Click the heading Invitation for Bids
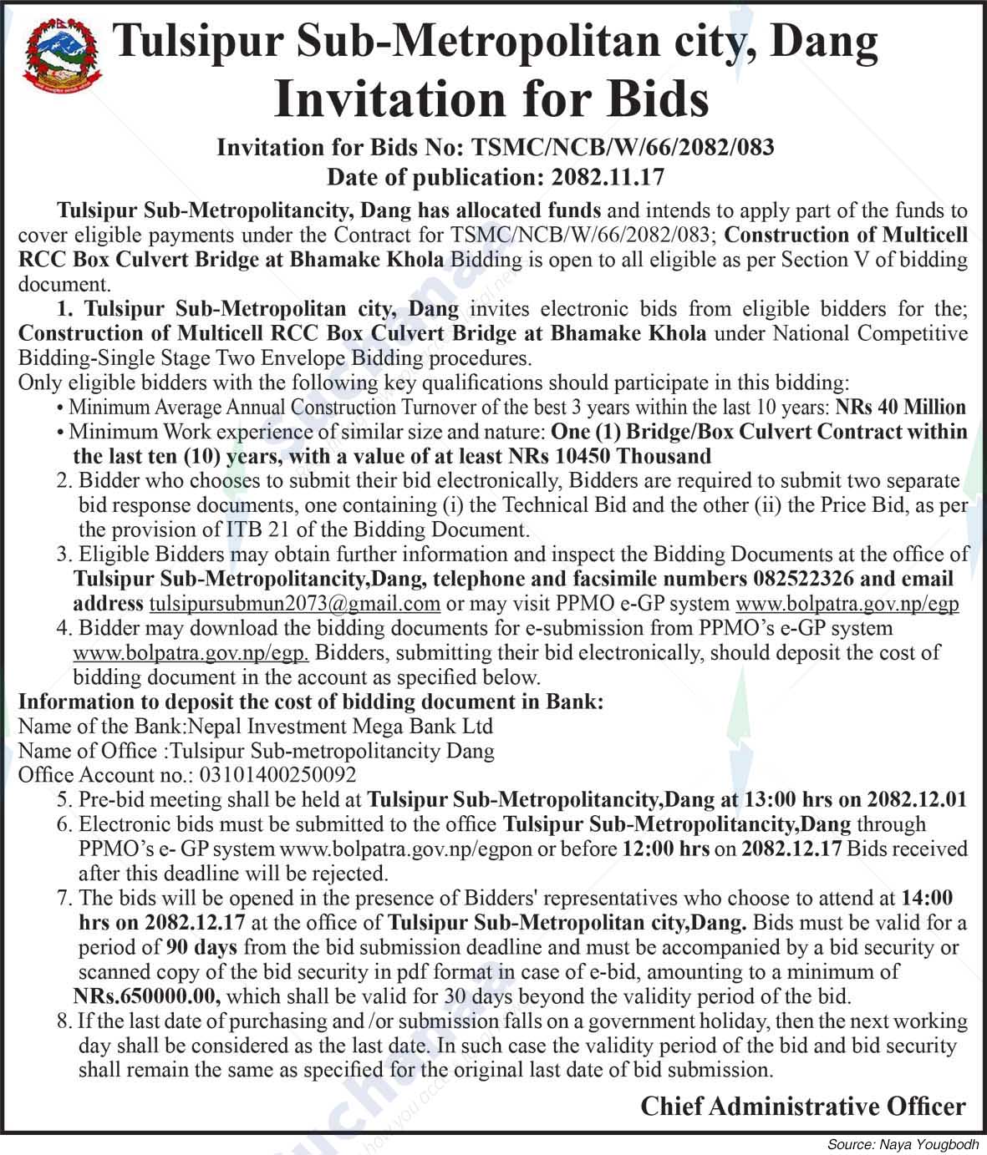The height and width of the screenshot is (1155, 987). pyautogui.click(x=491, y=99)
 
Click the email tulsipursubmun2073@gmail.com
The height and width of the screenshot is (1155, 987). pyautogui.click(x=294, y=603)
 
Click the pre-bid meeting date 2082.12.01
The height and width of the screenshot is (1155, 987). pyautogui.click(x=917, y=799)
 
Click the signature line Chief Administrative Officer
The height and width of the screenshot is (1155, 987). pyautogui.click(x=802, y=1107)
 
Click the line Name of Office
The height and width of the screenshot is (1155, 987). pyautogui.click(x=256, y=750)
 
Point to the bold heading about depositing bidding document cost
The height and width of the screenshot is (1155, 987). pyautogui.click(x=310, y=702)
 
